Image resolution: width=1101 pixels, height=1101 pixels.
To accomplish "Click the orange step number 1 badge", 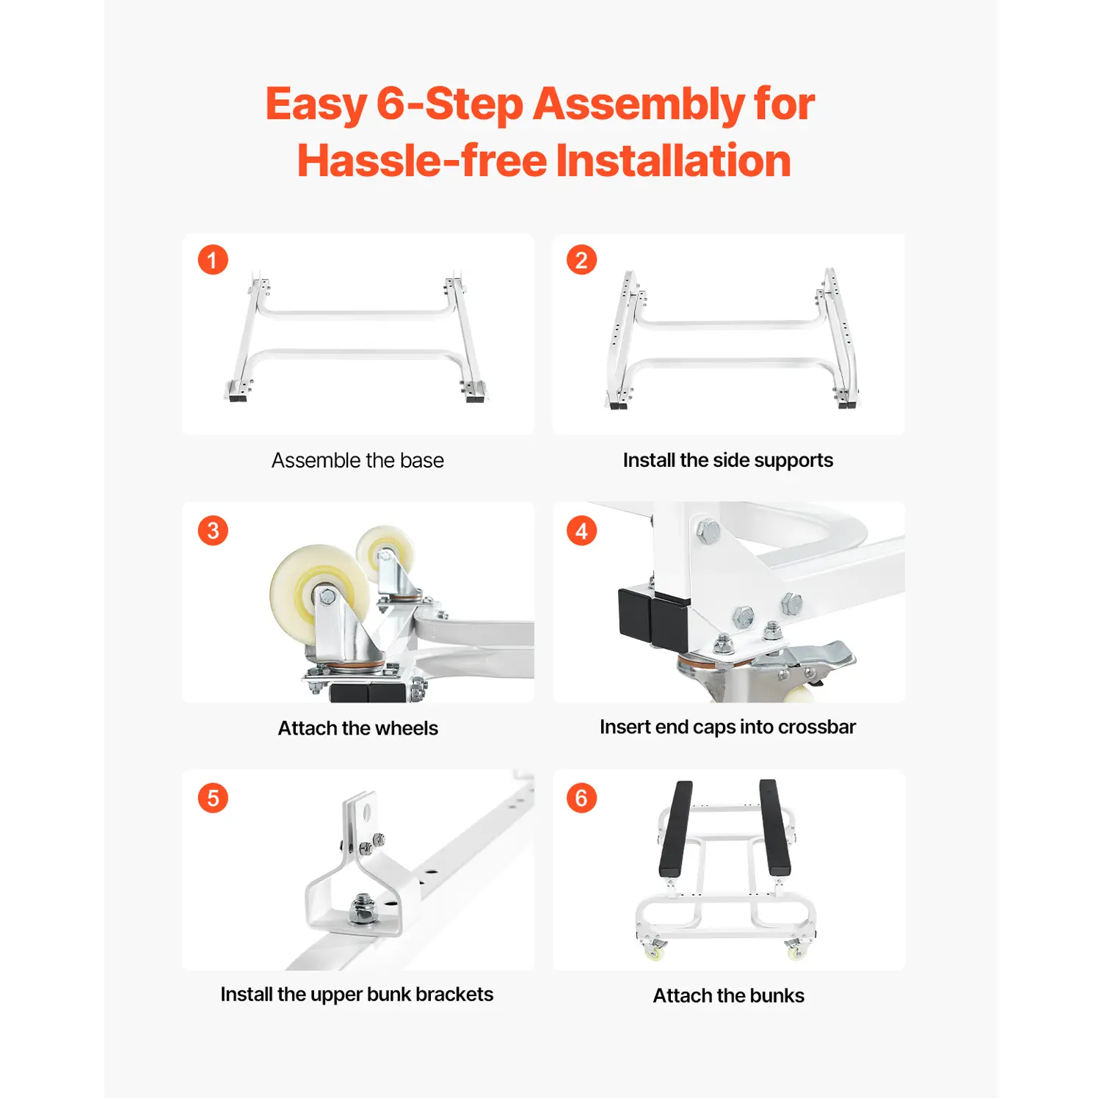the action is tap(213, 260).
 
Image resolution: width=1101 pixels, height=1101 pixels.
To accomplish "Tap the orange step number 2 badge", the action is tap(581, 260).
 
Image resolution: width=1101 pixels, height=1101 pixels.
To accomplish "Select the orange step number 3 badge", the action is tap(213, 530).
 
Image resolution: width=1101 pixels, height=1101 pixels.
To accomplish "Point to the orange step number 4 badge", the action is tap(581, 530).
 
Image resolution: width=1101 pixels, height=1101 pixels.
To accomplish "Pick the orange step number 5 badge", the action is tap(213, 798).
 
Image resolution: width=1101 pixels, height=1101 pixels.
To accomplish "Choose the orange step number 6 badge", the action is tap(581, 798).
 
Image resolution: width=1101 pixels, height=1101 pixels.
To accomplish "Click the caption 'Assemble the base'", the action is tap(357, 460).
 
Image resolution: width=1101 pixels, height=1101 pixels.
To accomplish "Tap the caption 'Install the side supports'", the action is tap(728, 460).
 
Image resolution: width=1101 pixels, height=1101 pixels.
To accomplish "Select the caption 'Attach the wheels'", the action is tap(357, 728).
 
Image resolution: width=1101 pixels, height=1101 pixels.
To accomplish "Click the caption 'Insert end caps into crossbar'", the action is tap(727, 727).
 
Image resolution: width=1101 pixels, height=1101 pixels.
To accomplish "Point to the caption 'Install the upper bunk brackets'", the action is tap(357, 995).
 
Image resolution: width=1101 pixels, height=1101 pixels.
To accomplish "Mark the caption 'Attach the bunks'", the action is tap(729, 995).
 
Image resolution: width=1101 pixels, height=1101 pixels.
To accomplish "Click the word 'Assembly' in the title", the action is tap(638, 105).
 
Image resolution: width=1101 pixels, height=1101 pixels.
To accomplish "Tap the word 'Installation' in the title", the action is tap(674, 161).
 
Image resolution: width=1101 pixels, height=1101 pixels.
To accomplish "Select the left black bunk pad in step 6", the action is tap(676, 828).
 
